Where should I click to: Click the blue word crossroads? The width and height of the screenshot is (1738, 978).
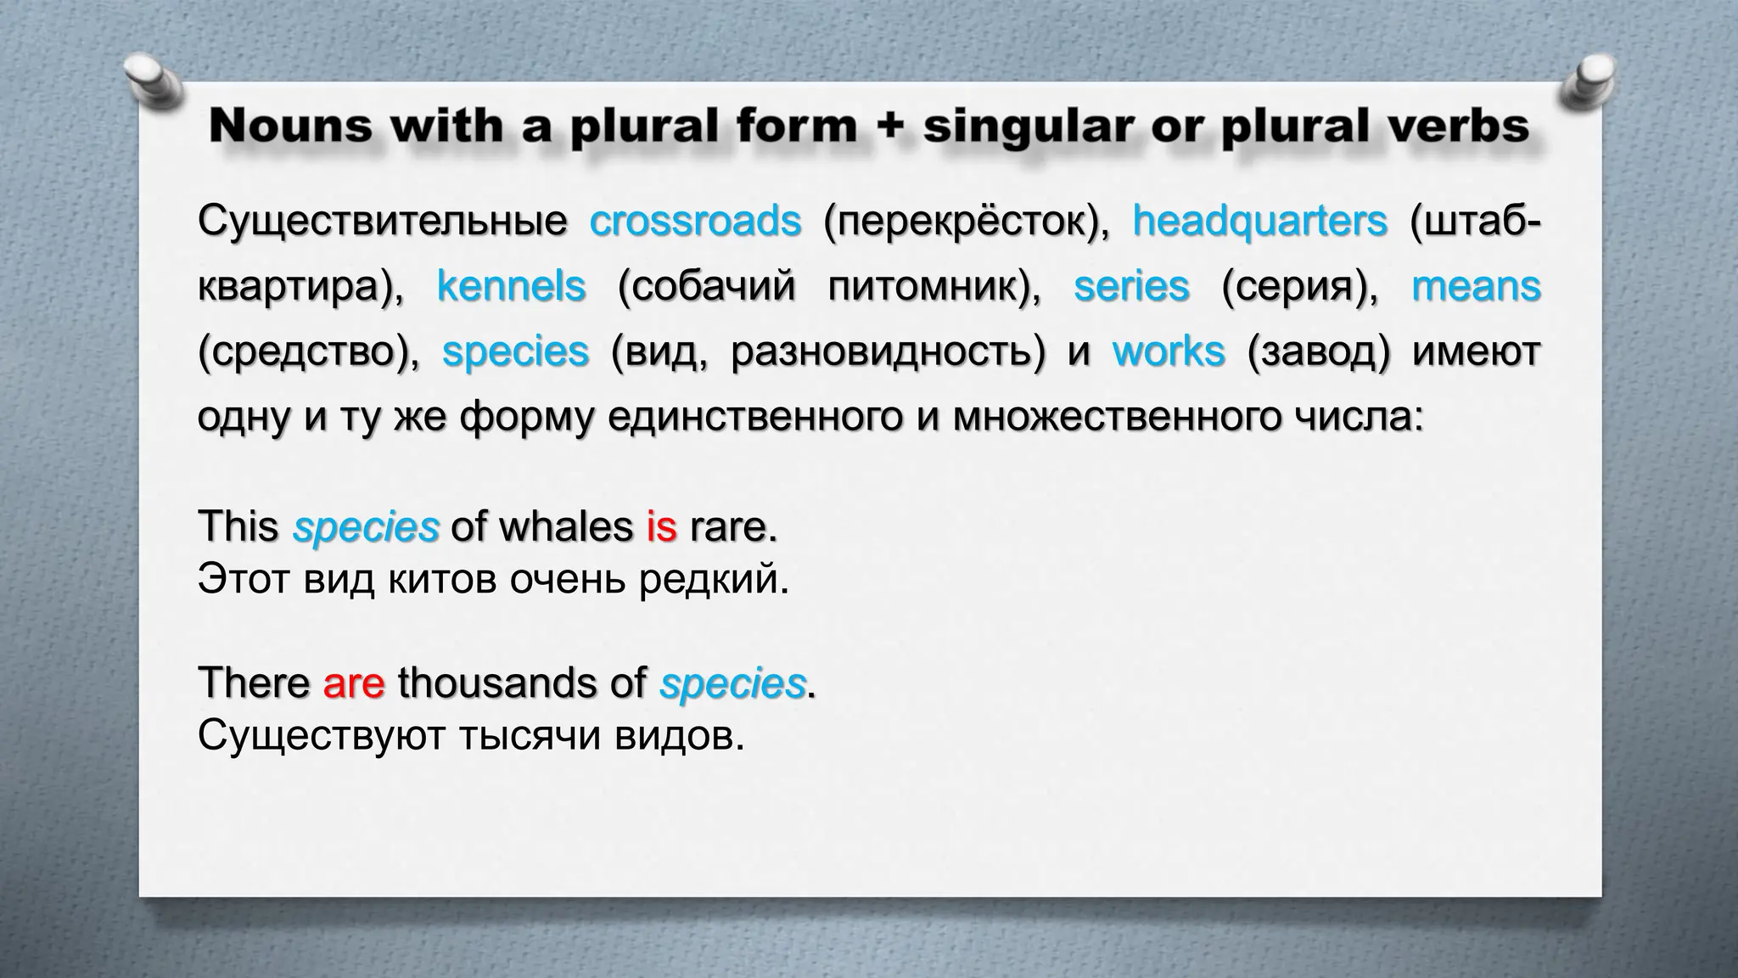(695, 222)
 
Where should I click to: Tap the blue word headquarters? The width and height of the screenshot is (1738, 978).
(1259, 222)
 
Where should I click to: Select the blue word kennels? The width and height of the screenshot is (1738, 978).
(511, 286)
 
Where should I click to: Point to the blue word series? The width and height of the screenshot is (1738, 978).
(1131, 286)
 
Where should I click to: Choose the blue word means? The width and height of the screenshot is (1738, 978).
(1476, 286)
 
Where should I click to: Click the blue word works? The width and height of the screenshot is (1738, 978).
(1169, 351)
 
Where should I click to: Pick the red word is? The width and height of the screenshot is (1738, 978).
(661, 527)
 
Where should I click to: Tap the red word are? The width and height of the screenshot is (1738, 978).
(354, 683)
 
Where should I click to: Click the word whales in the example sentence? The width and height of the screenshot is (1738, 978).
(566, 527)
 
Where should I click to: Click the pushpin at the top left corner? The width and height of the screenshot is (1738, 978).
(153, 83)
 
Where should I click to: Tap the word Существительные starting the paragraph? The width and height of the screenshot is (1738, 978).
(382, 222)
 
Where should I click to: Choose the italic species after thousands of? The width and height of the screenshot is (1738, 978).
(732, 684)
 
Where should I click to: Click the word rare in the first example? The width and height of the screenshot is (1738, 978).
(732, 527)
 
